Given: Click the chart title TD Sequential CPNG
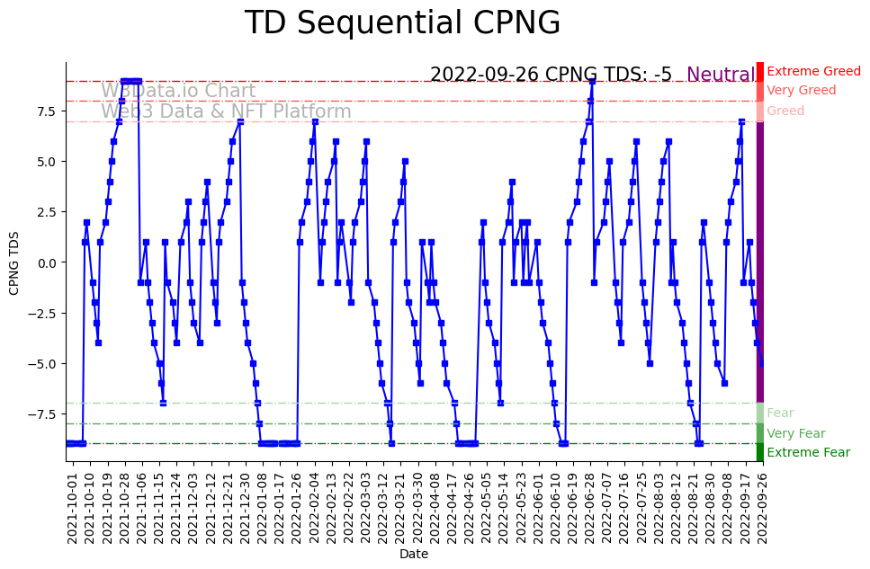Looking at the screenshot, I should coord(402,23).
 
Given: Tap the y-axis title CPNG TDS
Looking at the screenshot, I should coord(14,262).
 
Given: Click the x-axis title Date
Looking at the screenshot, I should coord(413,555).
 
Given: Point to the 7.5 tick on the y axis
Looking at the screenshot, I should coord(46,111).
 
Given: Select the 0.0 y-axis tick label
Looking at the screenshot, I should coord(46,262).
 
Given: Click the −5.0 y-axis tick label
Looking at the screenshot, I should coord(43,364).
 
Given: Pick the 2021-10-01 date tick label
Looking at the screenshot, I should coord(71,508).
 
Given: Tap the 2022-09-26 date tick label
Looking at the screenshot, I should coord(762,508).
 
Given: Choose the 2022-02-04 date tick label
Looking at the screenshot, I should coord(313,508).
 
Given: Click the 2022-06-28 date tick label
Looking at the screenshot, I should coord(590,508).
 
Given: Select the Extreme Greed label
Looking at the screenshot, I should coord(813,71).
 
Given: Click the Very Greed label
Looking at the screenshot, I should coord(801,90).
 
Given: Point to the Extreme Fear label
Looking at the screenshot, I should coord(808,453).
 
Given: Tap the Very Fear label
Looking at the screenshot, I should coord(795,433).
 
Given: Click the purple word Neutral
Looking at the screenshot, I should coord(721,75).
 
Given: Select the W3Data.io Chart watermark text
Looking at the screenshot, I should coord(178,91).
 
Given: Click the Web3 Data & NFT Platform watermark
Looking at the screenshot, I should coord(226,111).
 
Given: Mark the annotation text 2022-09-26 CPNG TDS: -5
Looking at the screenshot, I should coord(551,75).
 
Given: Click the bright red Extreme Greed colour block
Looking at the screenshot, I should coord(759,71).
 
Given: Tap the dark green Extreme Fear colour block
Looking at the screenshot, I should coord(759,452).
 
